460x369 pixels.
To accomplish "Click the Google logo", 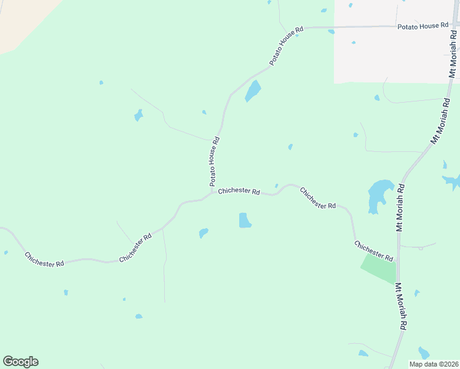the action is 20,362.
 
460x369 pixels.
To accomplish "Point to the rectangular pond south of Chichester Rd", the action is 245,220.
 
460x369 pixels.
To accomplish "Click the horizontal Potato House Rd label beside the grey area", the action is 422,26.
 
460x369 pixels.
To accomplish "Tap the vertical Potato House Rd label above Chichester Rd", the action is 214,161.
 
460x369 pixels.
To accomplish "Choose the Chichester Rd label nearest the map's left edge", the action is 44,259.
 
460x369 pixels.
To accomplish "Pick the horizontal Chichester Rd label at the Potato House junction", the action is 239,191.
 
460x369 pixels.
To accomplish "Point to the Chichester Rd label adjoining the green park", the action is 373,251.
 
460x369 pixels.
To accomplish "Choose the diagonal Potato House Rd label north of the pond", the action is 287,46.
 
